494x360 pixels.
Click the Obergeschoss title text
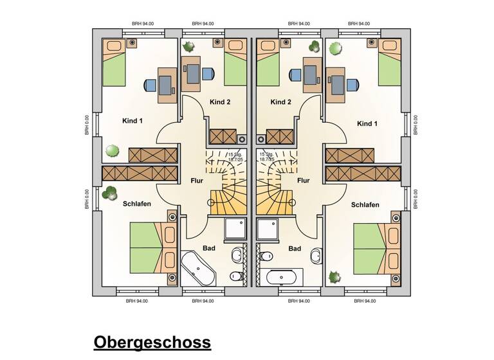tap(152, 342)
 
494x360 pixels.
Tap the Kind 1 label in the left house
tap(133, 120)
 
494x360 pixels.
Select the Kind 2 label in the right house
tap(281, 102)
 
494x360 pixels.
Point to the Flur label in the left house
tap(197, 181)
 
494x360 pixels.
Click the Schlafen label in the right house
tap(365, 205)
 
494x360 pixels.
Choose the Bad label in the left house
tap(209, 248)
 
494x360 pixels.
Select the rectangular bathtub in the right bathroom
tap(280, 278)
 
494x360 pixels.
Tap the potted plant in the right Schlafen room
tap(334, 276)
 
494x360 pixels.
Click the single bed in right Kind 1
tap(389, 63)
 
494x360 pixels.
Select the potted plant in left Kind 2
tap(190, 46)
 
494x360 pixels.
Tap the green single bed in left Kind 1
tap(114, 63)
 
